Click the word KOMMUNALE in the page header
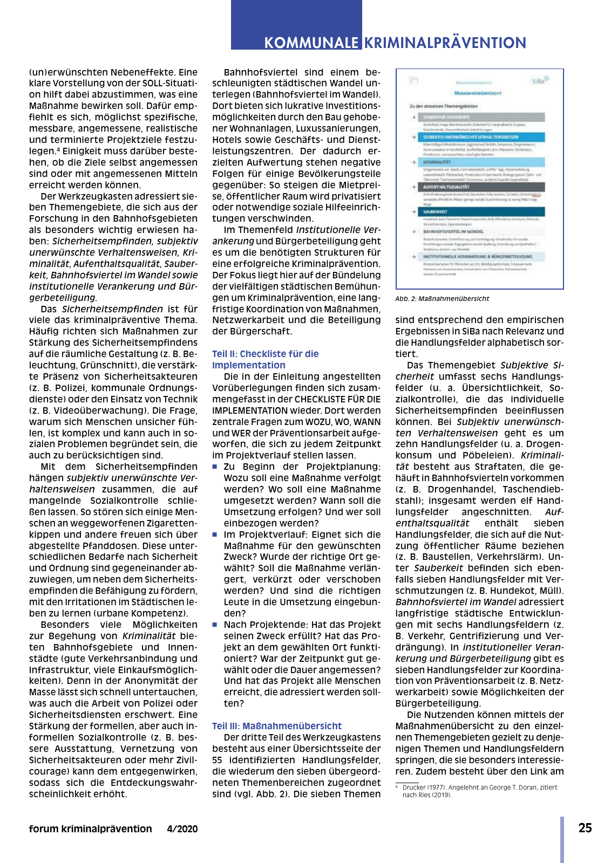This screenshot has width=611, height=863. pyautogui.click(x=311, y=43)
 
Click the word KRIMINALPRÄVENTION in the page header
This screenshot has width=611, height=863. pyautogui.click(x=445, y=43)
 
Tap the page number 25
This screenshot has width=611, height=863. pyautogui.click(x=585, y=828)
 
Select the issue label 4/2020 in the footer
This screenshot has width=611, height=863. pyautogui.click(x=182, y=829)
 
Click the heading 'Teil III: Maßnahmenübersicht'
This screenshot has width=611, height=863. pyautogui.click(x=277, y=726)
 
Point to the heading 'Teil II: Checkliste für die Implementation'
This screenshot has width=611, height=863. pyautogui.click(x=265, y=359)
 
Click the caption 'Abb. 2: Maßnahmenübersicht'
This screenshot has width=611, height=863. pyautogui.click(x=442, y=298)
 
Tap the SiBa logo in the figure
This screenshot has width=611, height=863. pyautogui.click(x=539, y=80)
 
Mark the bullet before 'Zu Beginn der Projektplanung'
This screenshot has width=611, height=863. pyautogui.click(x=215, y=467)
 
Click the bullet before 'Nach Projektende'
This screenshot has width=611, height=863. pyautogui.click(x=215, y=625)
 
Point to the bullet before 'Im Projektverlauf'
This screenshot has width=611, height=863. pyautogui.click(x=215, y=535)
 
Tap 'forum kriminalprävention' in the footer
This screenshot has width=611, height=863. pyautogui.click(x=91, y=829)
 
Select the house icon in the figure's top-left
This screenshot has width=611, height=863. pyautogui.click(x=414, y=80)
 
